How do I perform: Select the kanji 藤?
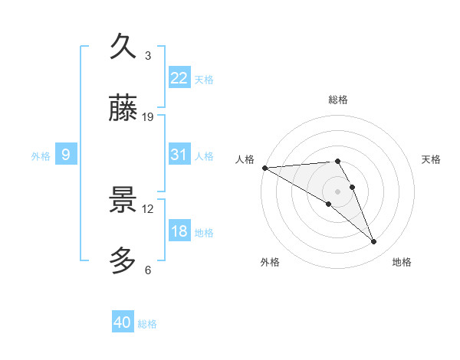(123, 109)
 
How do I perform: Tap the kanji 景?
(123, 200)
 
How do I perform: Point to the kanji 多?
(123, 260)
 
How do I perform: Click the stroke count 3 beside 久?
(148, 56)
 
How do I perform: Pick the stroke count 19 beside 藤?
(148, 117)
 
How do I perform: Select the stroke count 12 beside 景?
(148, 208)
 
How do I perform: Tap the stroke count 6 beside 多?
(148, 270)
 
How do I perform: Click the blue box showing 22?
(179, 78)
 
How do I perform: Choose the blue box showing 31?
(179, 155)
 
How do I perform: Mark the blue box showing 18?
(179, 231)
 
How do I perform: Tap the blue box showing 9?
(66, 155)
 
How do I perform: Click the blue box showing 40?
(122, 322)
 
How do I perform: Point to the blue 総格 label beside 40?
(147, 324)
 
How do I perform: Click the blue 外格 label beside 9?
(41, 156)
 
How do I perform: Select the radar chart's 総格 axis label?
(337, 100)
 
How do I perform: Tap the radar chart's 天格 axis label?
(431, 159)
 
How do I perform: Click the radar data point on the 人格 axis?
(264, 168)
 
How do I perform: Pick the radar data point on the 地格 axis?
(374, 241)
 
